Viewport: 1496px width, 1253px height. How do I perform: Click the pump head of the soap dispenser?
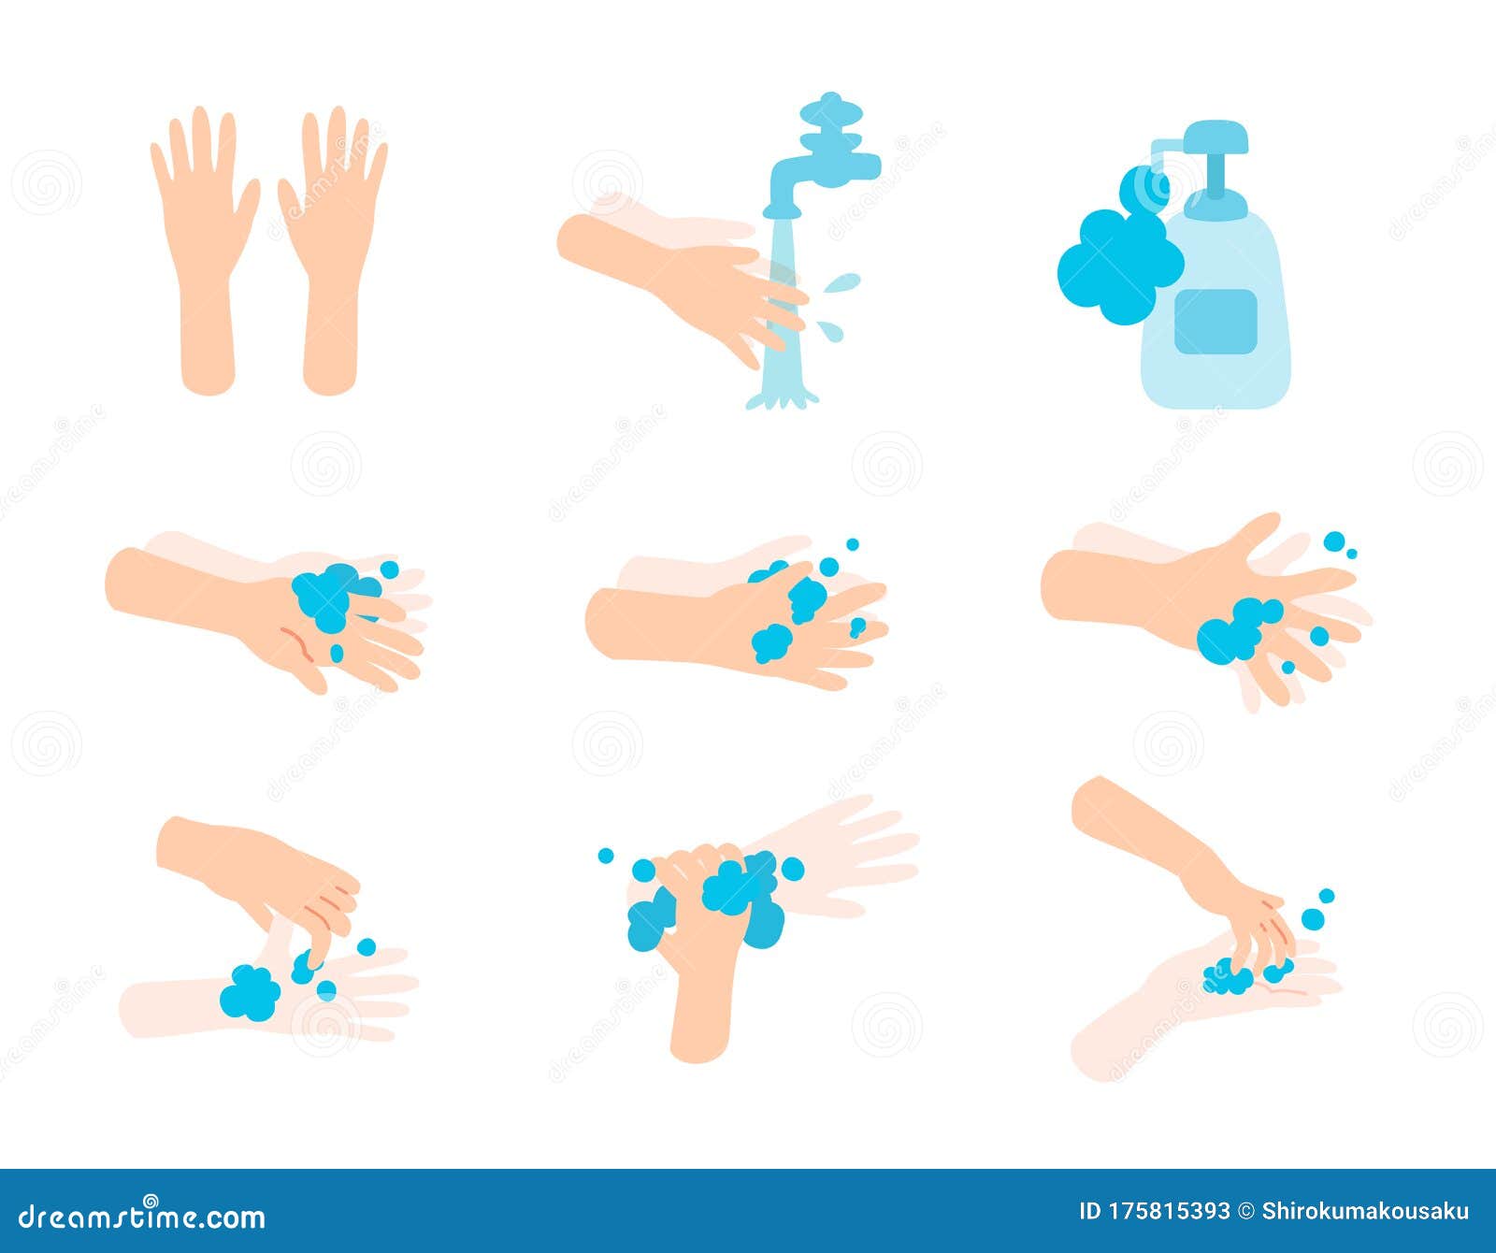[1215, 138]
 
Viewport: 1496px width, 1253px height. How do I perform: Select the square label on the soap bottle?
[1215, 321]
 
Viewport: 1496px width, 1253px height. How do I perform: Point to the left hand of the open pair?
[204, 243]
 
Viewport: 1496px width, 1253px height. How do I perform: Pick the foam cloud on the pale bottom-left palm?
[250, 992]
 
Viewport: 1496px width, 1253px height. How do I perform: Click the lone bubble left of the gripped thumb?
[606, 856]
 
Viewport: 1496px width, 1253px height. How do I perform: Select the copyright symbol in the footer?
[1246, 1212]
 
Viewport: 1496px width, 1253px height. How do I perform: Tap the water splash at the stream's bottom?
[782, 399]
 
